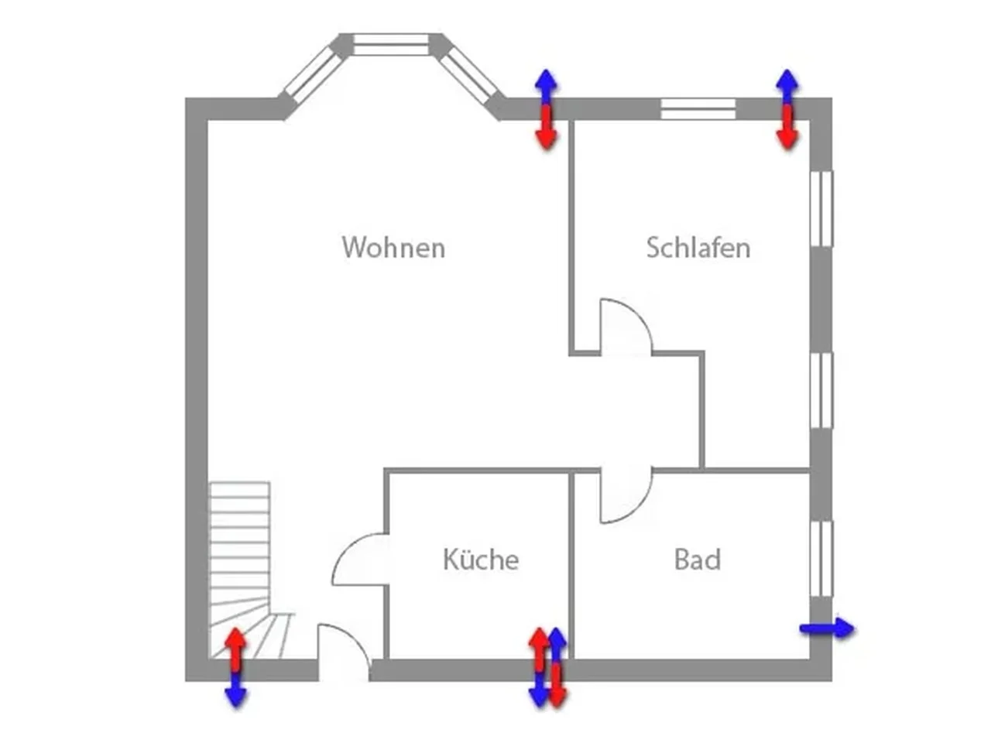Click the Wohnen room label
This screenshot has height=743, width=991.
click(393, 248)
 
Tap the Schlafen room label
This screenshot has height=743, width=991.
click(698, 248)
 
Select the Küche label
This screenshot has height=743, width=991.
click(480, 560)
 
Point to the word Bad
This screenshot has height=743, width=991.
click(697, 560)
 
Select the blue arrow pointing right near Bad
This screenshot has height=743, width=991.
click(826, 628)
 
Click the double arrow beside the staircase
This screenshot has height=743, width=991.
click(235, 667)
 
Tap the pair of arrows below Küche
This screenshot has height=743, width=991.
click(547, 667)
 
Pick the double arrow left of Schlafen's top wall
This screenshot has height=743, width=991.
click(547, 109)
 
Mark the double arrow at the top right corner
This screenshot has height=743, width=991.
click(787, 109)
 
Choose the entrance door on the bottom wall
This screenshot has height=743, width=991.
click(344, 654)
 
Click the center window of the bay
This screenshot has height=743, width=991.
click(391, 44)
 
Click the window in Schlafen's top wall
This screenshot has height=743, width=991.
click(698, 109)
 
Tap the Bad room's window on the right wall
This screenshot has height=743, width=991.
click(821, 559)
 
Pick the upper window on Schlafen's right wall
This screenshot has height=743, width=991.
click(821, 208)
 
